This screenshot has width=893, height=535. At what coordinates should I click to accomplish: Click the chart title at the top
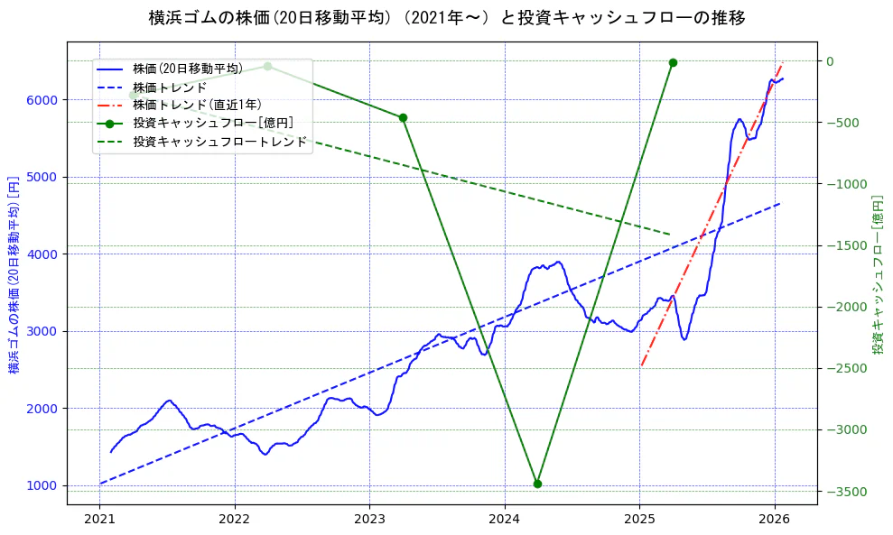tap(446, 17)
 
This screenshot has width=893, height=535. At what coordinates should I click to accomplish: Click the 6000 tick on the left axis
tap(45, 100)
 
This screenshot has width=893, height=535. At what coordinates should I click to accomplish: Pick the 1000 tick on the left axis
tap(45, 485)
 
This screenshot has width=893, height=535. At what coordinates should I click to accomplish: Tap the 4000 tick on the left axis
tap(45, 254)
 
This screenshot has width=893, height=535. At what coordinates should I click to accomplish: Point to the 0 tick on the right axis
tap(829, 61)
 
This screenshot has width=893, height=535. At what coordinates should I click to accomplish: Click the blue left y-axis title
tap(14, 274)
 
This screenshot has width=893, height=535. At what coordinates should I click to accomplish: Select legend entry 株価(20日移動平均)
tap(187, 69)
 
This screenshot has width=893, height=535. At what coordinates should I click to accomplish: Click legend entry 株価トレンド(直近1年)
tap(197, 105)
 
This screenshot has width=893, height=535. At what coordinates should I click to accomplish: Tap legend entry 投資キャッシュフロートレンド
tap(219, 142)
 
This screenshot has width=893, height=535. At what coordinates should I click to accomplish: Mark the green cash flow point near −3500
tap(537, 484)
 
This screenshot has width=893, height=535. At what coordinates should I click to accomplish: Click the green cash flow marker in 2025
tap(673, 62)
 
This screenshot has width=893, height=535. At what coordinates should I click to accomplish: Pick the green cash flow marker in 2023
tap(403, 117)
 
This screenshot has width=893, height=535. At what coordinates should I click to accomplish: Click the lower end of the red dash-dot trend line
tap(641, 365)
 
